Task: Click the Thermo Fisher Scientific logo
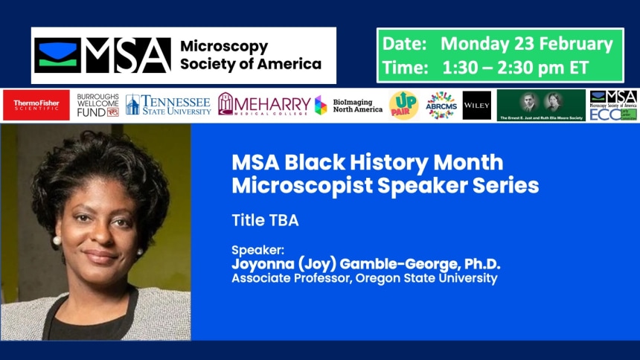(x=36, y=105)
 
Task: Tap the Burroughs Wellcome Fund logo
(x=98, y=106)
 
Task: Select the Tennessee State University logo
(x=168, y=105)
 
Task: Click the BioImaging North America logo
(x=348, y=105)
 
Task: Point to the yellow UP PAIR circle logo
(x=403, y=105)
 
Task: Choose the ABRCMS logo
(x=441, y=105)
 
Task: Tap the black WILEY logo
(x=476, y=105)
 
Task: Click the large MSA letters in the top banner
(x=127, y=56)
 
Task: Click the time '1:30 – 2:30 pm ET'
(x=516, y=68)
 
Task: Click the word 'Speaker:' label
(x=253, y=251)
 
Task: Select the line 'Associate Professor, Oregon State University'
(x=364, y=279)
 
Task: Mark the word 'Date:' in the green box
(x=404, y=44)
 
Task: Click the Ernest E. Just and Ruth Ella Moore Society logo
(x=541, y=105)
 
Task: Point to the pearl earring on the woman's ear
(x=56, y=241)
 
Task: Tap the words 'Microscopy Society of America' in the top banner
(x=251, y=55)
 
